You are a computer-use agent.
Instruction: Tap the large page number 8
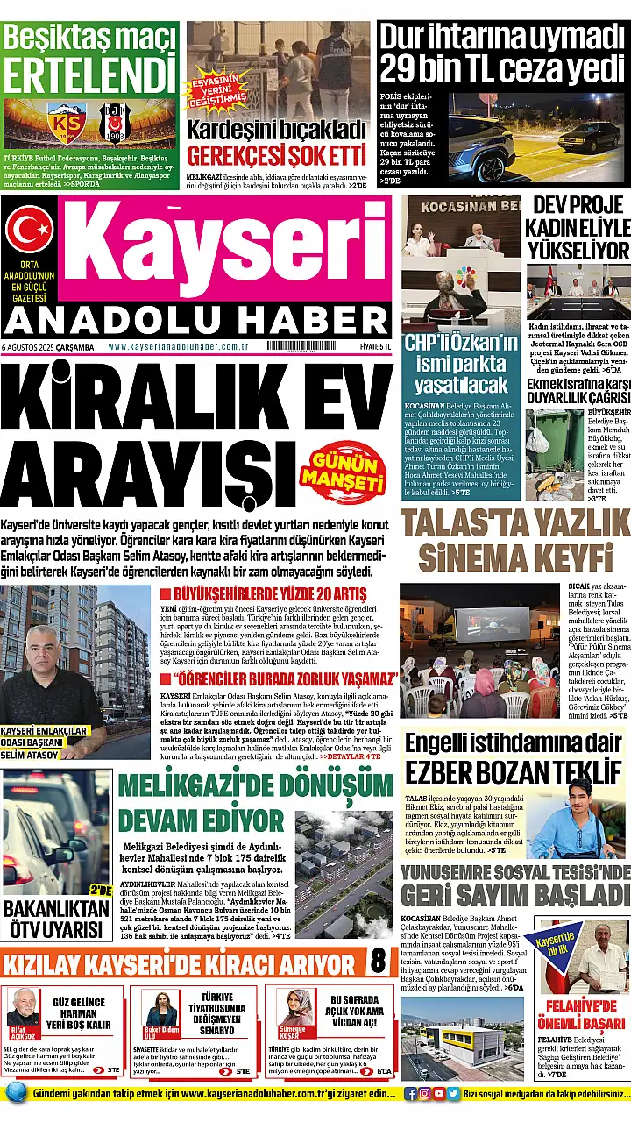pos(378,960)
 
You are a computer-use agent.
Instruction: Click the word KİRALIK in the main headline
pos(138,388)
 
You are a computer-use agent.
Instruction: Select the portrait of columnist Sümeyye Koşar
pos(295,1007)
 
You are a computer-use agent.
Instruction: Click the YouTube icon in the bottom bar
pos(439,1093)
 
